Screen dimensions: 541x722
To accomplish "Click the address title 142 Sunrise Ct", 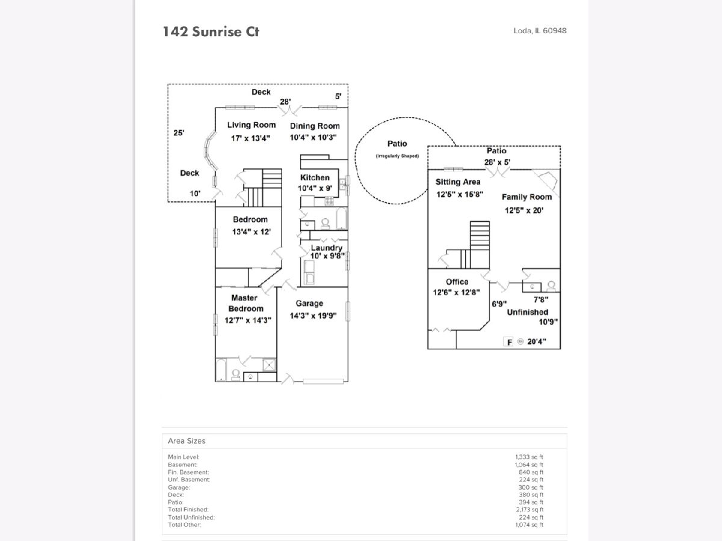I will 211,31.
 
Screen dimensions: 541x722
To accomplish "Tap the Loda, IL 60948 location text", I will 540,31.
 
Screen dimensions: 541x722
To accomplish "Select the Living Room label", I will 251,125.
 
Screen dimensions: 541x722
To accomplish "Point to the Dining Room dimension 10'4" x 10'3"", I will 313,137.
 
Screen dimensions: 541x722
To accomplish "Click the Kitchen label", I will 315,177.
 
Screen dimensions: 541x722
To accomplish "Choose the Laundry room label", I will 327,248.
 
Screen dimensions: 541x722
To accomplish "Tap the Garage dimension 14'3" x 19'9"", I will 309,315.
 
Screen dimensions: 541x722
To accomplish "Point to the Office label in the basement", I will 457,281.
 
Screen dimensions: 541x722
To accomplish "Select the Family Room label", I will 526,197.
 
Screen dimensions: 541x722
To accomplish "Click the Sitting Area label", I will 458,182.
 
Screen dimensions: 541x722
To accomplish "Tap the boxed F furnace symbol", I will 508,342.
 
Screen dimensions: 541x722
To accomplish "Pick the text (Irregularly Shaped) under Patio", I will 397,156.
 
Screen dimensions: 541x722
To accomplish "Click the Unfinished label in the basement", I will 527,312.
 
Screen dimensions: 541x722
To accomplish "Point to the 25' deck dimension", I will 179,133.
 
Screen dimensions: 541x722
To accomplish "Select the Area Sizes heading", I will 187,441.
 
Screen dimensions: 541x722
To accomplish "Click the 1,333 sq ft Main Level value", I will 529,457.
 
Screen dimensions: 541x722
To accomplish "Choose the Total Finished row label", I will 188,509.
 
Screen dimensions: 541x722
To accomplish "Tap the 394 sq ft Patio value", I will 529,502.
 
